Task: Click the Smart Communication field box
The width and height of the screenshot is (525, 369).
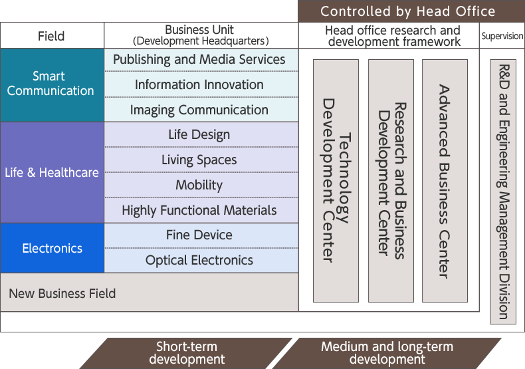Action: (52, 84)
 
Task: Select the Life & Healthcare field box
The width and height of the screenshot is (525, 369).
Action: (52, 172)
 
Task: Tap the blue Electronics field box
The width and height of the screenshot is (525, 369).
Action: (52, 248)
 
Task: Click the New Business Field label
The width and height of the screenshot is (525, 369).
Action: (62, 293)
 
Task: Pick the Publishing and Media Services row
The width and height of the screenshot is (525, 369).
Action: (199, 60)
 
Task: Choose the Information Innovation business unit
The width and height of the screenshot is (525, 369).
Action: (199, 85)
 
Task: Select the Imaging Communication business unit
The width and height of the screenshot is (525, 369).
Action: (199, 110)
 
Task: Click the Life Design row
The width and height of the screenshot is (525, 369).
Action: (199, 135)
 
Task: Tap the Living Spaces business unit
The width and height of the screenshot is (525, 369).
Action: (199, 160)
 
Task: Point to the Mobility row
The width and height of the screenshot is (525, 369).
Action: (199, 185)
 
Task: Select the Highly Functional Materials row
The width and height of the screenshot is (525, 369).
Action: (199, 211)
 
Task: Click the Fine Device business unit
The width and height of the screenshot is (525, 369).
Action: (199, 235)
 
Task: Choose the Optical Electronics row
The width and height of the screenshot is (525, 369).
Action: (199, 261)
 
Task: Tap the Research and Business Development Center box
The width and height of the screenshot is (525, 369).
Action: (391, 181)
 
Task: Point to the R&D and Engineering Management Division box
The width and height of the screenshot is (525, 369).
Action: (503, 191)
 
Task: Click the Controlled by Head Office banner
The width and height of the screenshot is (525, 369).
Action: (407, 11)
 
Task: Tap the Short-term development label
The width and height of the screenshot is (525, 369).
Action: (187, 353)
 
